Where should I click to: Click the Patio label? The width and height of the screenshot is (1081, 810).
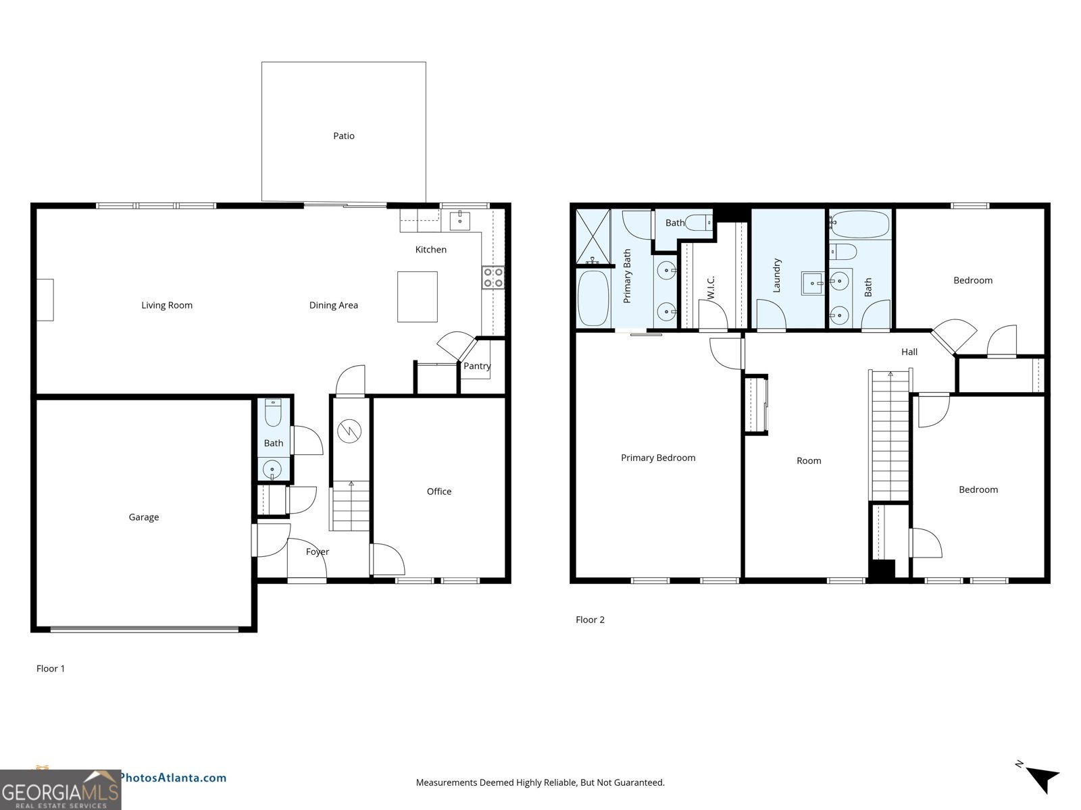(343, 136)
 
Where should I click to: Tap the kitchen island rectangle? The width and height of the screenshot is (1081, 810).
(417, 296)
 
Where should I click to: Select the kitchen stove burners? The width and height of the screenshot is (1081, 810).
(493, 277)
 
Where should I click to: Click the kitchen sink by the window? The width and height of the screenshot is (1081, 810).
(459, 220)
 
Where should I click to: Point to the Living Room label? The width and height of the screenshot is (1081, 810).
(167, 305)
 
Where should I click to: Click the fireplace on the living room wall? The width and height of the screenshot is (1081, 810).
(45, 300)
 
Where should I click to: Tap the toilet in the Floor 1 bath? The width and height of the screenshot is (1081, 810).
(273, 412)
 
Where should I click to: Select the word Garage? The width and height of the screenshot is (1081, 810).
(144, 517)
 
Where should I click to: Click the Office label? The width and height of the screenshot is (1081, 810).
(439, 491)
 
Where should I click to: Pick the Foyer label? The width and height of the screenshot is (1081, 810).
(317, 551)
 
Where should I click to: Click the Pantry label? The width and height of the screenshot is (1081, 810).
(477, 366)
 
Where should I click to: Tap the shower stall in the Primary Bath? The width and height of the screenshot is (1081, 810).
(593, 236)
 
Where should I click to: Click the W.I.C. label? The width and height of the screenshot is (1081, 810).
(711, 288)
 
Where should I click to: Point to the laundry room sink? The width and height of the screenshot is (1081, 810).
(813, 283)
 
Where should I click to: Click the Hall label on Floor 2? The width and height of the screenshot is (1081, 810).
(909, 352)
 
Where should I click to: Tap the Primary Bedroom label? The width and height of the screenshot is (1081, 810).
(658, 458)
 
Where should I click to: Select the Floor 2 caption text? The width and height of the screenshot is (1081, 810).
(590, 620)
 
